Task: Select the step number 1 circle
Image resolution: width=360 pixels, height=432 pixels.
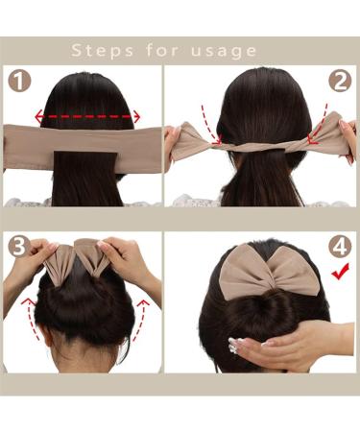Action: pyautogui.click(x=19, y=84)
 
